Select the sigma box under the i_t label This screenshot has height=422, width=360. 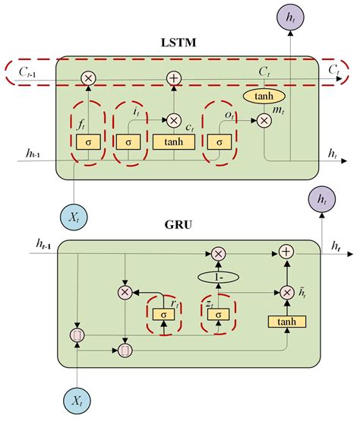point(128,141)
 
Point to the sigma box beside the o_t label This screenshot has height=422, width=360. point(219,141)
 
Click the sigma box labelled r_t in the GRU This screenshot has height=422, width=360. point(161,313)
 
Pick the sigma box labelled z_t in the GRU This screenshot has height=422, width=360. point(219,313)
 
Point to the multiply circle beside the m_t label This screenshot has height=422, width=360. point(264,120)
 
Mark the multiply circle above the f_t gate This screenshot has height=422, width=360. point(88,77)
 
